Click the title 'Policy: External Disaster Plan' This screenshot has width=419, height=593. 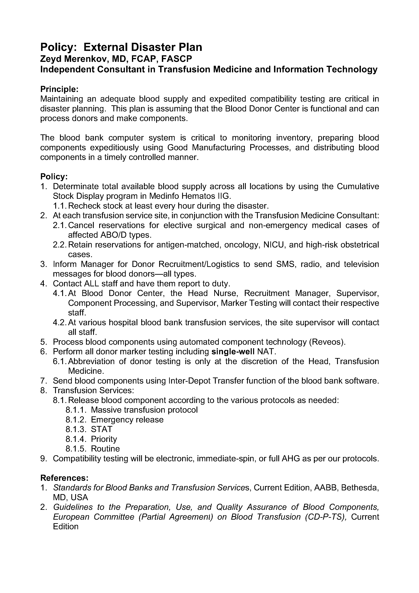121,47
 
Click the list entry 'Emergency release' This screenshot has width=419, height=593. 127,419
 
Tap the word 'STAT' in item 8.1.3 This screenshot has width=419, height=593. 102,429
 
